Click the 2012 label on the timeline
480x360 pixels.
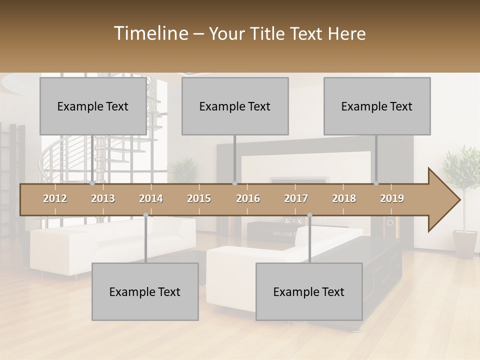(x=55, y=198)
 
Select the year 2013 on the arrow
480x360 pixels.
(x=103, y=198)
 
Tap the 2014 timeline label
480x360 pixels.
(x=151, y=198)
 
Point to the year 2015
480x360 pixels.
(x=199, y=198)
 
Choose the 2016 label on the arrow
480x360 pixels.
(x=248, y=198)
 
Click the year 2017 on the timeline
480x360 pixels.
(x=296, y=198)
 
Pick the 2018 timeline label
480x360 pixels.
(x=344, y=198)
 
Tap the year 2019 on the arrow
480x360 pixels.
(x=392, y=198)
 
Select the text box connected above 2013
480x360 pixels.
(x=93, y=106)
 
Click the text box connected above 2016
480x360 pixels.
(x=235, y=106)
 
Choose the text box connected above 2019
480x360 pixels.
(x=377, y=106)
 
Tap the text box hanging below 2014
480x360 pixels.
(x=145, y=291)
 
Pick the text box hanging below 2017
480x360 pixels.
(x=309, y=291)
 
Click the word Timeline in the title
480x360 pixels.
(x=149, y=33)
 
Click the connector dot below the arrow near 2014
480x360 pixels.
(x=146, y=215)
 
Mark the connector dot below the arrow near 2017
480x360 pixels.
(x=309, y=215)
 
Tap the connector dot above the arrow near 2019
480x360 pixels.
(x=376, y=183)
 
